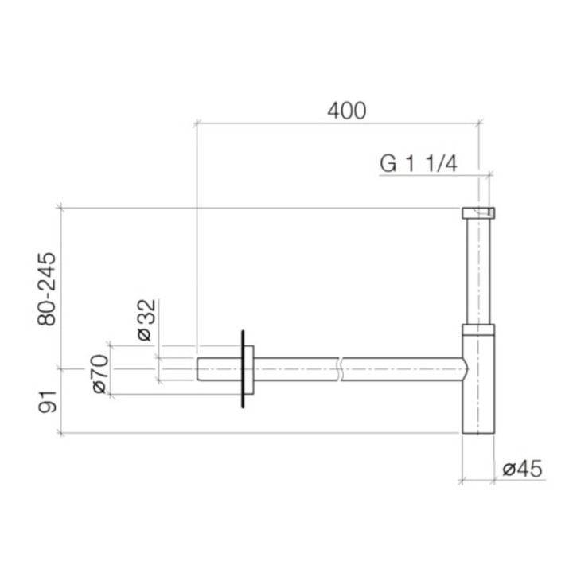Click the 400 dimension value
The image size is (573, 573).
(x=347, y=111)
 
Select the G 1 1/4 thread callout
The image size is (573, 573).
(x=418, y=164)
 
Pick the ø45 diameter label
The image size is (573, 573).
(x=523, y=470)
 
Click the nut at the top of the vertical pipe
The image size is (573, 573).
(x=478, y=212)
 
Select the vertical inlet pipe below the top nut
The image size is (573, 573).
(x=478, y=271)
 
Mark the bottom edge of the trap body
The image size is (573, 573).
(x=478, y=433)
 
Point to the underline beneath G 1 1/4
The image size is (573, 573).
(x=430, y=174)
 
